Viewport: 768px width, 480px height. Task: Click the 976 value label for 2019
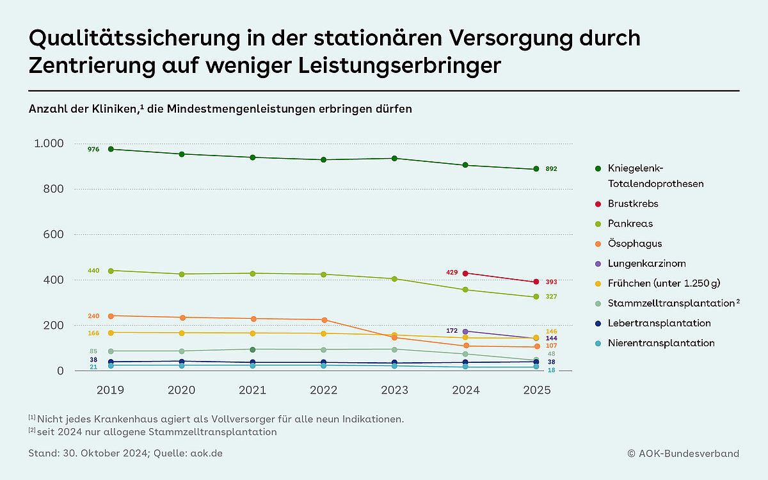click(93, 149)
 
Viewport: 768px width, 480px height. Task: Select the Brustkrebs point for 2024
click(466, 273)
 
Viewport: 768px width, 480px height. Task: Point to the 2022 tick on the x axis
click(324, 390)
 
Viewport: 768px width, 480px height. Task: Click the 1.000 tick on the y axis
click(48, 143)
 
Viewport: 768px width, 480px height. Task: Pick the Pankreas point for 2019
click(111, 271)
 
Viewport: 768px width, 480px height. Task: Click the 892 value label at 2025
click(551, 169)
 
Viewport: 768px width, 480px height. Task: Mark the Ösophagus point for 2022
click(324, 320)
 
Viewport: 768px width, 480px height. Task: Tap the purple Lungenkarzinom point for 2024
click(466, 332)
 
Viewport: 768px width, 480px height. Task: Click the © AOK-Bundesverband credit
click(683, 453)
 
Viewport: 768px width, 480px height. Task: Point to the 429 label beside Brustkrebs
click(452, 273)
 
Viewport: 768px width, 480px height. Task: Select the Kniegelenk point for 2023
click(395, 158)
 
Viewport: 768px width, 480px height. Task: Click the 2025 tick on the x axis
click(537, 390)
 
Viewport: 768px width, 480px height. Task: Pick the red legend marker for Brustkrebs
click(597, 204)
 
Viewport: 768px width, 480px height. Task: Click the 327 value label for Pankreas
click(551, 297)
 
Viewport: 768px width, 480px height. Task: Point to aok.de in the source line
click(209, 453)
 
